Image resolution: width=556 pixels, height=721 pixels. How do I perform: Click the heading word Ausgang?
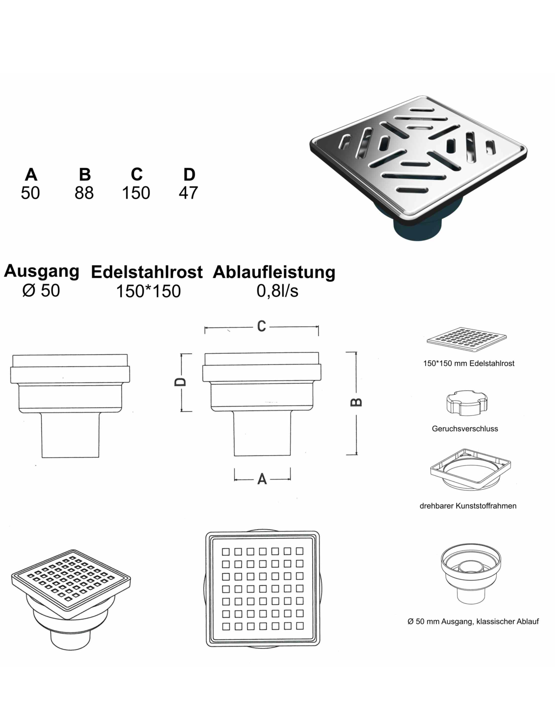pos(42,271)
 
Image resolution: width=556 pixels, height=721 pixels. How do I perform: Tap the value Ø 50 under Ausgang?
pos(41,290)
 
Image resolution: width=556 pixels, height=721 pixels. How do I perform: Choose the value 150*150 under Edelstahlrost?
pos(148,291)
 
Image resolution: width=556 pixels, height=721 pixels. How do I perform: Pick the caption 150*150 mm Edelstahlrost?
pos(469,364)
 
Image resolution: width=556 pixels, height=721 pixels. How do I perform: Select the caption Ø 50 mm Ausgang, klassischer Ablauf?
pos(473,621)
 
